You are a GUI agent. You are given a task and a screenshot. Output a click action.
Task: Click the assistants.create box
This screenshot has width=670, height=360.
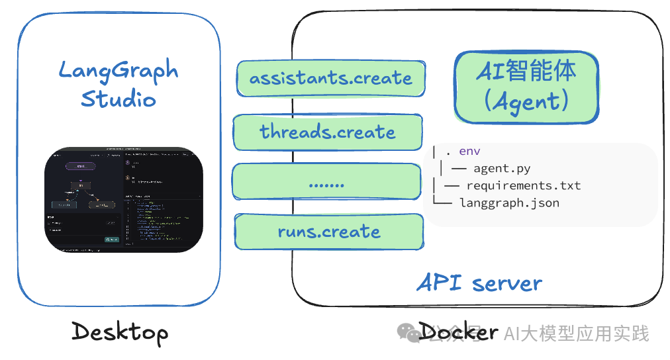tap(330, 78)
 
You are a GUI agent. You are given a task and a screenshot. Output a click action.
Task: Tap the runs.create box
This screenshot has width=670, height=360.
tap(329, 232)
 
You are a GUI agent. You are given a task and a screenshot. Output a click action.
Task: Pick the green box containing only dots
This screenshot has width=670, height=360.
tap(327, 182)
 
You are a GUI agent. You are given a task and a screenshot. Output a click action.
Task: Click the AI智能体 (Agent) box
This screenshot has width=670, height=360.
tap(526, 87)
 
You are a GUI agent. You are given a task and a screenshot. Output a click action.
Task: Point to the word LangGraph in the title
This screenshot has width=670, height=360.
tap(119, 71)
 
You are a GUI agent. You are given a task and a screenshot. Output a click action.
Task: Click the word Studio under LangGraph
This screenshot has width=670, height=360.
tap(119, 99)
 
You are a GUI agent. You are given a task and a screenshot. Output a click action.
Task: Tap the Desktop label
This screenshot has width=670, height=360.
tap(119, 332)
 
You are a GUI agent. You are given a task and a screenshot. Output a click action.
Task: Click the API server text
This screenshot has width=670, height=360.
tap(479, 283)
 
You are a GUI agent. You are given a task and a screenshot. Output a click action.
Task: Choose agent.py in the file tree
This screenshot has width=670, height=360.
tap(502, 169)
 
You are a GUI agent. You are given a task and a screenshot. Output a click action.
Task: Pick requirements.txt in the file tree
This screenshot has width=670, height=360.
tap(523, 185)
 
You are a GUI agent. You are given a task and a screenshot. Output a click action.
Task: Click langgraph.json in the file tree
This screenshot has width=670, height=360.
tap(510, 202)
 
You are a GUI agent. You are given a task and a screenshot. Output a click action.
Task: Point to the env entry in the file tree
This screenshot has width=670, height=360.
tap(469, 152)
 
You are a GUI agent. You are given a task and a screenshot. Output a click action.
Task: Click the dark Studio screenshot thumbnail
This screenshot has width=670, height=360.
tap(123, 199)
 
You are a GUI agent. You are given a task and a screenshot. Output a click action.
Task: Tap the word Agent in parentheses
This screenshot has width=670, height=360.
tap(526, 101)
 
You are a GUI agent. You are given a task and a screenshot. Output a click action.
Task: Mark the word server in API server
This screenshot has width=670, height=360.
tap(507, 284)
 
